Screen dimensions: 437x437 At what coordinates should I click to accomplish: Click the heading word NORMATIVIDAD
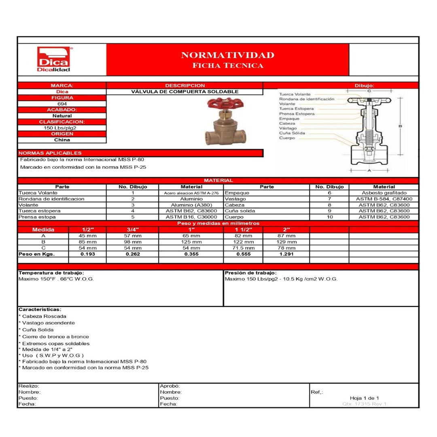pyautogui.click(x=227, y=55)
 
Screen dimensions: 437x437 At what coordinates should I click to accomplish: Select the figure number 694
pyautogui.click(x=62, y=104)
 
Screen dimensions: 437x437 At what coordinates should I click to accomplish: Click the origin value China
pyautogui.click(x=62, y=140)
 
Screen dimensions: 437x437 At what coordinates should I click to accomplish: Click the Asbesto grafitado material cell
pyautogui.click(x=384, y=193)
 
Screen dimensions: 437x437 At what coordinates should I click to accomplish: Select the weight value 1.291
pyautogui.click(x=286, y=254)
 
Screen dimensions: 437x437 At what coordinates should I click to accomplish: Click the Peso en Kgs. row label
pyautogui.click(x=36, y=254)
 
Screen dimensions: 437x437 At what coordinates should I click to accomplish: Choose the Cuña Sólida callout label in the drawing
pyautogui.click(x=292, y=133)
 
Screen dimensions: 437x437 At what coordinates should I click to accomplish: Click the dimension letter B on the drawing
pyautogui.click(x=400, y=126)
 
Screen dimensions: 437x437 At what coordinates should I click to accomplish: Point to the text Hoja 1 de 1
pyautogui.click(x=364, y=398)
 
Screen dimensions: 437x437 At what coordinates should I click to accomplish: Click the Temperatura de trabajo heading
pyautogui.click(x=51, y=273)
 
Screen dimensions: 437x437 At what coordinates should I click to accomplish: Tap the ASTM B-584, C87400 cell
pyautogui.click(x=384, y=199)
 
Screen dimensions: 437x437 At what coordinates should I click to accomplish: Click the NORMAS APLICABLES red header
pyautogui.click(x=50, y=153)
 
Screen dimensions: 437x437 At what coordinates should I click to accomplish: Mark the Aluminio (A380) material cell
pyautogui.click(x=191, y=205)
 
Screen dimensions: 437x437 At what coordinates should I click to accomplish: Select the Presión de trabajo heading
pyautogui.click(x=251, y=273)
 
